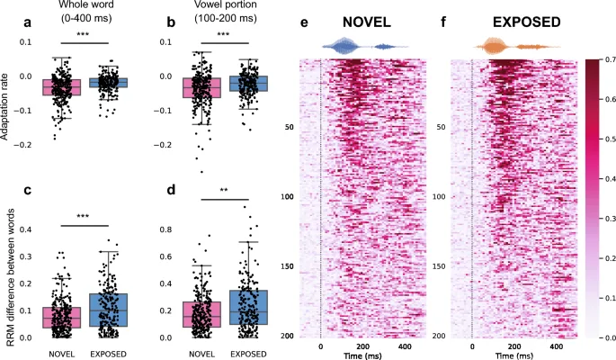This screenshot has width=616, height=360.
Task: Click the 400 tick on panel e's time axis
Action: (405, 346)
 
